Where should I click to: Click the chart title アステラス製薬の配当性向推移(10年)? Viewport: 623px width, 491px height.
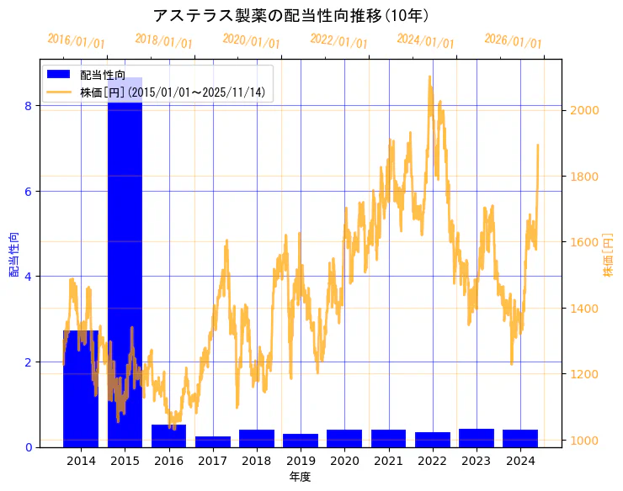click(x=290, y=15)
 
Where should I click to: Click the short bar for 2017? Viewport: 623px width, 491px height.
click(x=213, y=441)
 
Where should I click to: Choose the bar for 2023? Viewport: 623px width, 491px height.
click(x=477, y=438)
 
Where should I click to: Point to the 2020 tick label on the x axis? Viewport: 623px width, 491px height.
click(x=345, y=461)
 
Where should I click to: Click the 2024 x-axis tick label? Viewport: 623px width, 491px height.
click(x=520, y=461)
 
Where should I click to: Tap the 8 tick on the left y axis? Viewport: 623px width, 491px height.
click(x=28, y=106)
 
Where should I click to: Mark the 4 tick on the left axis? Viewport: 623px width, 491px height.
click(x=28, y=277)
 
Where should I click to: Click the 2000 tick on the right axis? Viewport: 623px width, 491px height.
click(x=584, y=110)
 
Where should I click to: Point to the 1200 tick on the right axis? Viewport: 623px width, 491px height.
click(x=584, y=374)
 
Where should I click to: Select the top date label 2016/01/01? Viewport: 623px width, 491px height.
click(x=76, y=41)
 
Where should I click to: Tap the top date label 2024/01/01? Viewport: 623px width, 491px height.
click(x=425, y=41)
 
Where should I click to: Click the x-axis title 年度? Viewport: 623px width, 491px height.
click(x=300, y=477)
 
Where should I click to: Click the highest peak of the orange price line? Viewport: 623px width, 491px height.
click(x=429, y=77)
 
